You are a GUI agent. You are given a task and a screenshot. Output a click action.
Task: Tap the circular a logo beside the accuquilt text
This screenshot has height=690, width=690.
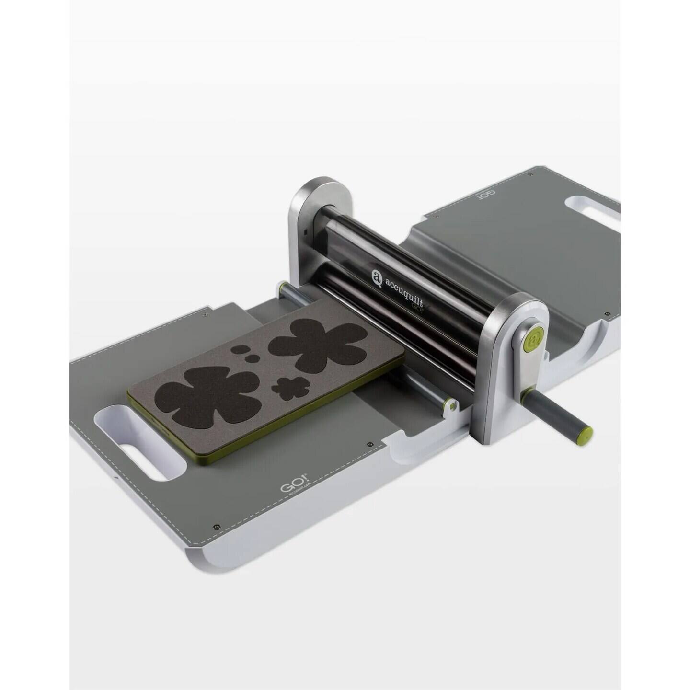pyautogui.click(x=377, y=276)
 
